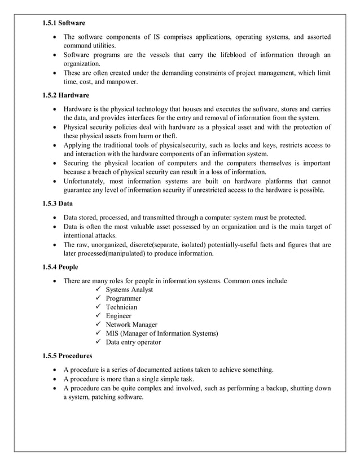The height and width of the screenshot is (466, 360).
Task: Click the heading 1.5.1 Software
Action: point(64,23)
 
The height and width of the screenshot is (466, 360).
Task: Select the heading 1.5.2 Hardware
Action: point(65,95)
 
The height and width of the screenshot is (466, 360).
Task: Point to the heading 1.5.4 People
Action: point(60,267)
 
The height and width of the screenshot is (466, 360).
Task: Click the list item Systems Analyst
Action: point(129,289)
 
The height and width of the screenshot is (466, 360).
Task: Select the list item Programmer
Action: point(123,298)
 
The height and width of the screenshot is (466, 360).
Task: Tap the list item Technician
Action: point(121,307)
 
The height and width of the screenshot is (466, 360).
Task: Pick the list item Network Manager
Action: point(131,324)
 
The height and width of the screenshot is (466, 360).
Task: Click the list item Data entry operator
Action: point(133,342)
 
